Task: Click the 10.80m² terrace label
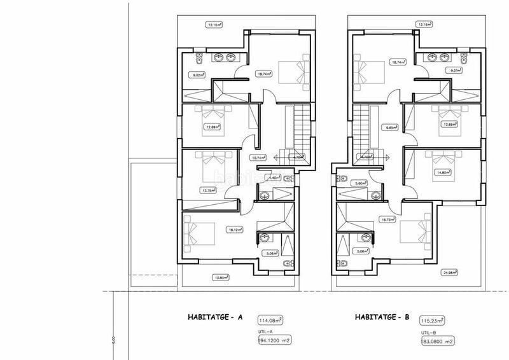pyautogui.click(x=222, y=277)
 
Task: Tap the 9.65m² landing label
pyautogui.click(x=393, y=128)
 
